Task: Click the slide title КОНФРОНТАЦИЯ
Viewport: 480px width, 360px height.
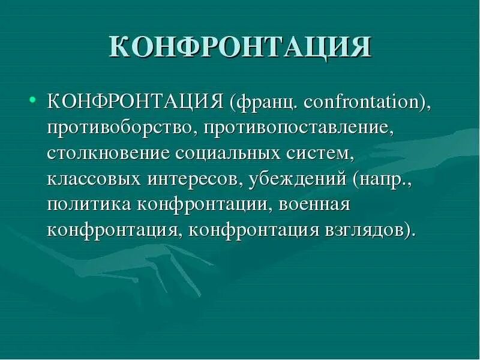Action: pos(240,47)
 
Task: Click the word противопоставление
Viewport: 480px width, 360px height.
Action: pos(298,128)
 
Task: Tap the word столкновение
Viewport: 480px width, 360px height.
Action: pos(108,154)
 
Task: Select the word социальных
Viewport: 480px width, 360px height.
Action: pos(229,154)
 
